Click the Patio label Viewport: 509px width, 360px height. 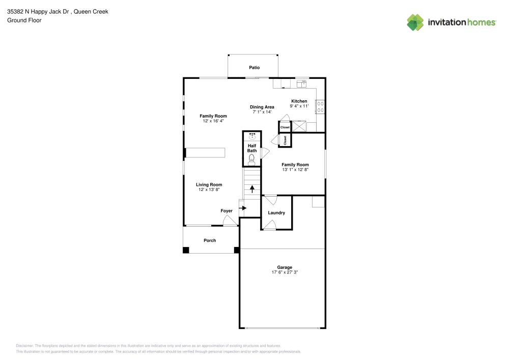254,67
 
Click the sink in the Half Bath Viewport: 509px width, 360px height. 252,136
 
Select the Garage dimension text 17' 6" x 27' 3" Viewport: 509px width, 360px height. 285,272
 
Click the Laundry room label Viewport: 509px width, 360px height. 276,213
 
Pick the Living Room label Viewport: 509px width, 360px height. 209,185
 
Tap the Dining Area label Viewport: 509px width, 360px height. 262,107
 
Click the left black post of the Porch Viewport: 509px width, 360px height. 186,250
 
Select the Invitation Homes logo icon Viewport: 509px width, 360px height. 415,22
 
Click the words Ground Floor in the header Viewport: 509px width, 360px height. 24,20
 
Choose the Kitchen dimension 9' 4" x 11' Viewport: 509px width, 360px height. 299,106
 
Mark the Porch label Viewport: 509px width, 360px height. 210,240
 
